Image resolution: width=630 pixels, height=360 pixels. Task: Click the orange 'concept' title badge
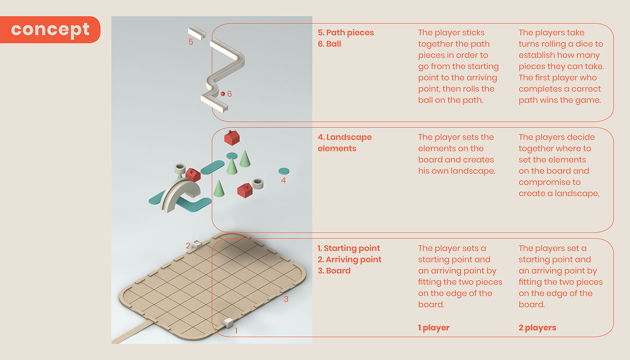[x=50, y=30]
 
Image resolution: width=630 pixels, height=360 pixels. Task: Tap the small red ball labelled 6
[x=223, y=94]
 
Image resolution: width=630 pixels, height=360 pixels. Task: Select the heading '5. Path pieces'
[x=346, y=32]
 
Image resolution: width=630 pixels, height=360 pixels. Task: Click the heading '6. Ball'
[x=329, y=44]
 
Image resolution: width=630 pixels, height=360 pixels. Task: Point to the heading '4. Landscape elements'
[x=345, y=143]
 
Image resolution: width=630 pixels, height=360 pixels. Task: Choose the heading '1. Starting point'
[x=349, y=248]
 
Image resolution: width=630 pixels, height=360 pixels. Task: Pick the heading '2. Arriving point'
[x=350, y=259]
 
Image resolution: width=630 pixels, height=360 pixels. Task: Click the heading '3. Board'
[x=334, y=270]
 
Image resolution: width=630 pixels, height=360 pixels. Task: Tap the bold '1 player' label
[x=434, y=328]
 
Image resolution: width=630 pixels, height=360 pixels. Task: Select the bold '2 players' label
[x=537, y=328]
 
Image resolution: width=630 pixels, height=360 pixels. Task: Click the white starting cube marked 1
[x=228, y=323]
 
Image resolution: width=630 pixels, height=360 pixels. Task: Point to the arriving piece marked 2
[x=197, y=243]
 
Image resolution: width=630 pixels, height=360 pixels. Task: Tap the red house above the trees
[x=232, y=138]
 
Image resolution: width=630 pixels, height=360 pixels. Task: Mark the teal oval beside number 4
[x=284, y=171]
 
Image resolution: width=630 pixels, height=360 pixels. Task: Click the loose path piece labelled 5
[x=197, y=33]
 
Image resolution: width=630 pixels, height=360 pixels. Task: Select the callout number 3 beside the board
[x=286, y=299]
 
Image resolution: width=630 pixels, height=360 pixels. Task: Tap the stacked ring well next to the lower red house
[x=257, y=184]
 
